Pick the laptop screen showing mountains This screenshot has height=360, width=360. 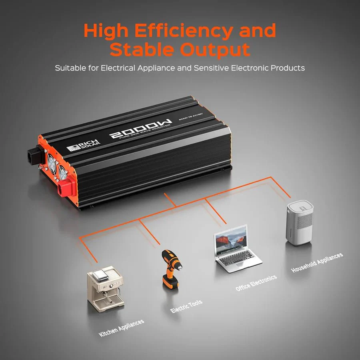point(232,240)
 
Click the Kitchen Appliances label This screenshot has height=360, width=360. point(122,328)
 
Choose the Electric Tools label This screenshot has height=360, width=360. point(186,306)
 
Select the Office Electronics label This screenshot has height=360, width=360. point(256,283)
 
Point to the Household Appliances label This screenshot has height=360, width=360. point(317,262)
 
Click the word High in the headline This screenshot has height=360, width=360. point(107,31)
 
